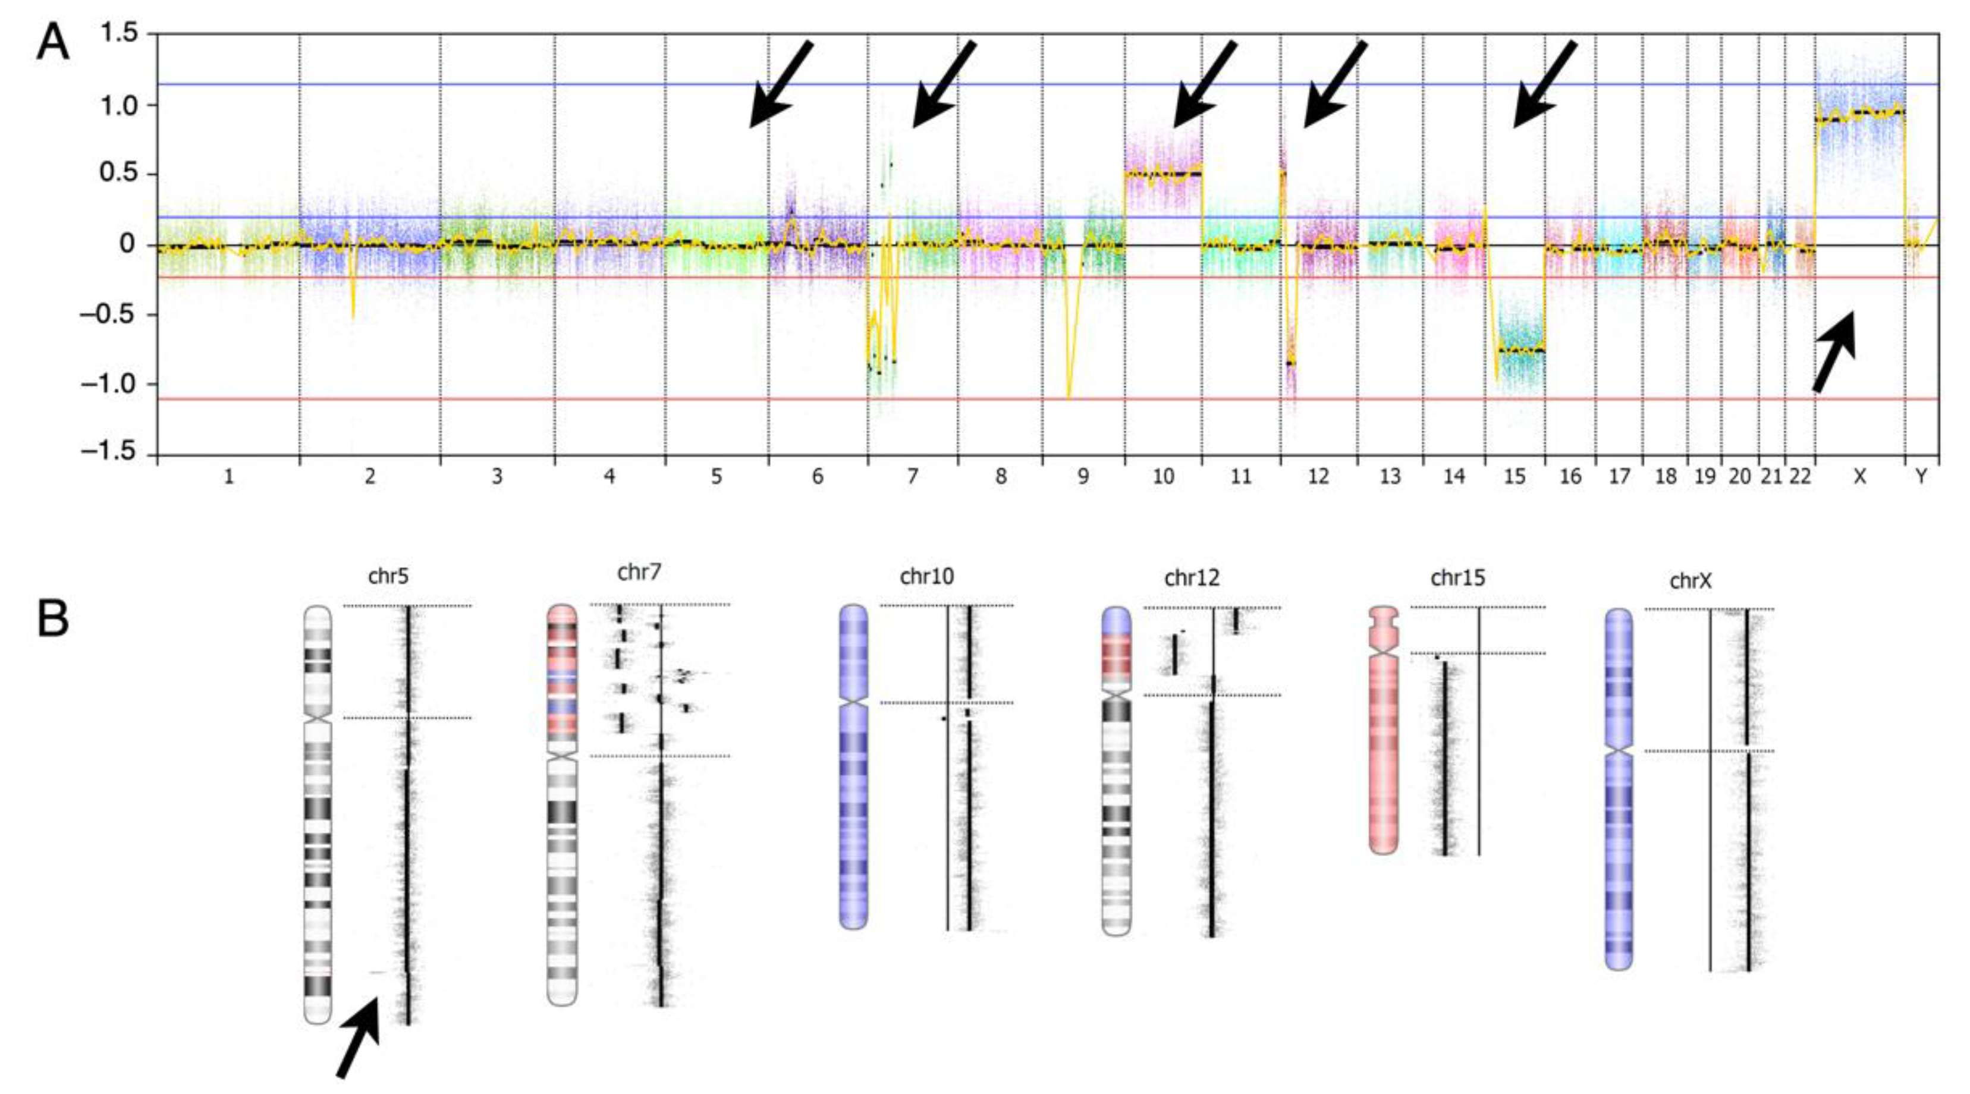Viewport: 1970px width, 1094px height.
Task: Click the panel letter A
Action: (x=52, y=43)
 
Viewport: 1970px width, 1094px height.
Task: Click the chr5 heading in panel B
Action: (x=388, y=576)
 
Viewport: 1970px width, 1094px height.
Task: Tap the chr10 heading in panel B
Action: (x=927, y=576)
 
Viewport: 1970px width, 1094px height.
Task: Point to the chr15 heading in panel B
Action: (x=1457, y=579)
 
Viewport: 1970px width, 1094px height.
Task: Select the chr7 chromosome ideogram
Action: (x=562, y=803)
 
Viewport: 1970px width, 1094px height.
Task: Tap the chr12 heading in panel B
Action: (x=1192, y=579)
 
